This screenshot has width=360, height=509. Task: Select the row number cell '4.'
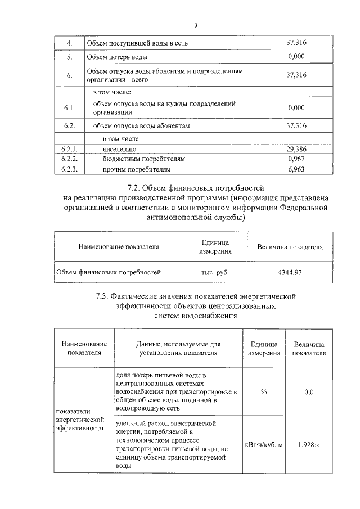69,44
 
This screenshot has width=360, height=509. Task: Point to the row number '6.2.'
69,126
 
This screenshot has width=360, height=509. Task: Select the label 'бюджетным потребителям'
143,159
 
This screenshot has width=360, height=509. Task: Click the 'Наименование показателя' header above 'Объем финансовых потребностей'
119,246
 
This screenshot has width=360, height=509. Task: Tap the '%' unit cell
263,392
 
